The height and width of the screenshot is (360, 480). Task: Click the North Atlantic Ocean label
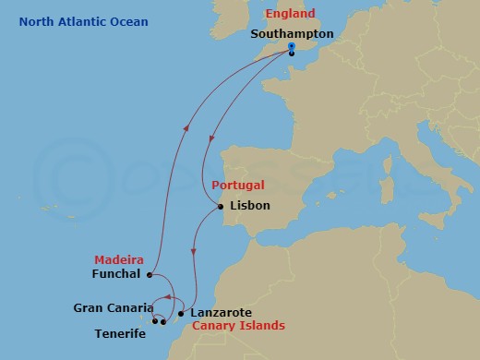tap(83, 21)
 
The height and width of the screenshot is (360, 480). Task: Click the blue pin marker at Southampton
tap(291, 46)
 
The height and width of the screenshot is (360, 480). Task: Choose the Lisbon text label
tap(249, 206)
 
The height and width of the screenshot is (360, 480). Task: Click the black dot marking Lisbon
tap(221, 207)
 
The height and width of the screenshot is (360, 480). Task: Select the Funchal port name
tap(116, 274)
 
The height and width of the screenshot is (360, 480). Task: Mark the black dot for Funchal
tap(150, 274)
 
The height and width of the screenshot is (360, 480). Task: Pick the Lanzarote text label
tap(226, 313)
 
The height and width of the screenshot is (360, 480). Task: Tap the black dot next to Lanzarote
tap(181, 314)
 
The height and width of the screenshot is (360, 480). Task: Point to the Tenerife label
tap(120, 333)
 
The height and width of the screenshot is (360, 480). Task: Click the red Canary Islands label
tap(238, 326)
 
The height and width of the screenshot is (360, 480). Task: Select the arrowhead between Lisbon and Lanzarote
tap(193, 250)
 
